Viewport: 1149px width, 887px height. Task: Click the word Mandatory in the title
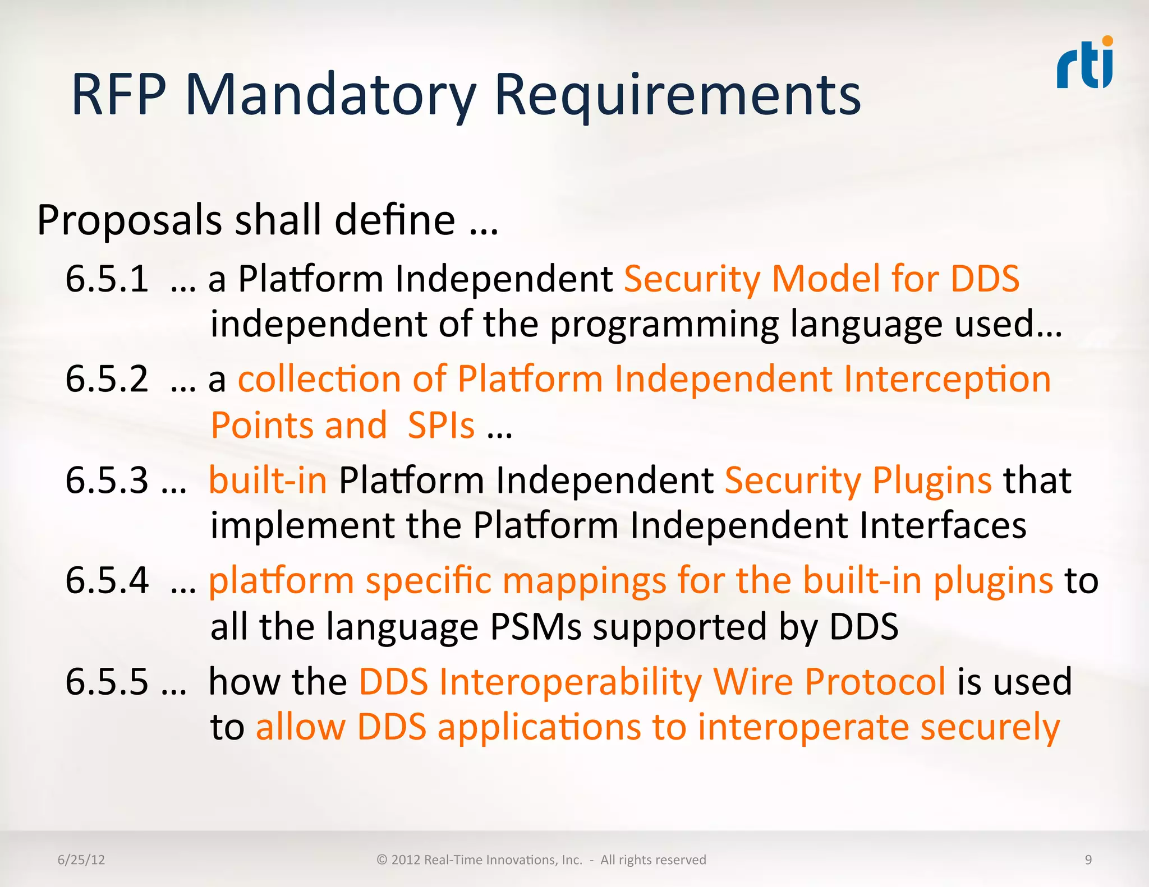(x=331, y=95)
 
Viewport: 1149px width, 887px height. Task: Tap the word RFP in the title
(x=119, y=95)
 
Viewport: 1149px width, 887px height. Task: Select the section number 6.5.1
(x=107, y=279)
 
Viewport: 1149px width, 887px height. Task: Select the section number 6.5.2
(x=107, y=380)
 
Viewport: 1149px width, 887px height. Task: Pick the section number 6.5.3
(x=107, y=481)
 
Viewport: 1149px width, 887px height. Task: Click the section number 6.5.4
(x=107, y=581)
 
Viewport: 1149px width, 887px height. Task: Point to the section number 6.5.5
(x=107, y=682)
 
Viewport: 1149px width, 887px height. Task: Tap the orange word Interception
(x=947, y=380)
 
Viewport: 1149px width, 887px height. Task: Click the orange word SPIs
(x=441, y=426)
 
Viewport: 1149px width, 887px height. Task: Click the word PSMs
(x=536, y=627)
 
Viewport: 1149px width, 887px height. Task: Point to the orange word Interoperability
(x=569, y=682)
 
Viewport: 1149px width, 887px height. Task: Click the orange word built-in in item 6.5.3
(x=268, y=481)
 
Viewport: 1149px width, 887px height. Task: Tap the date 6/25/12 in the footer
(x=81, y=860)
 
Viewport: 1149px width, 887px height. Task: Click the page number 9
(x=1088, y=860)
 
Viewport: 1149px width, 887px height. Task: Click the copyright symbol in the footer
(x=382, y=860)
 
